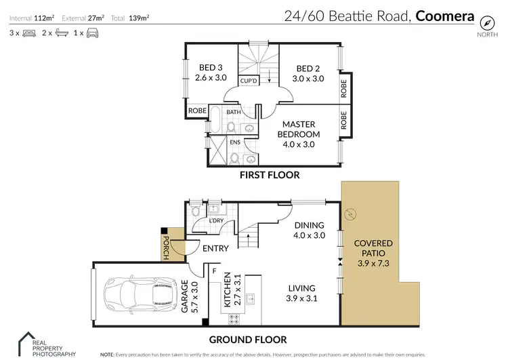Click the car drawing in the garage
140,294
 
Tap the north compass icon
487,22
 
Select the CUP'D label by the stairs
249,81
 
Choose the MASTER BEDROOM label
299,129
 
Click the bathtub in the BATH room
215,119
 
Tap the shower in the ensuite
217,151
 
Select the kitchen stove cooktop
234,319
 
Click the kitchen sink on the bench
250,299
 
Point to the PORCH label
166,247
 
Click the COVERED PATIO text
373,248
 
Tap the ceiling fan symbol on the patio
350,214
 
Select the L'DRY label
217,220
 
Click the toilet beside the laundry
195,209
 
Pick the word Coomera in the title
445,16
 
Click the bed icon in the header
29,33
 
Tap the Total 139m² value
139,18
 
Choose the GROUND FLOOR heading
248,340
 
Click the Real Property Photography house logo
26,344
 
